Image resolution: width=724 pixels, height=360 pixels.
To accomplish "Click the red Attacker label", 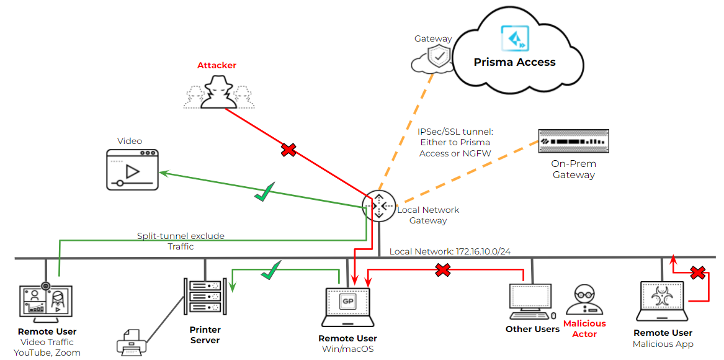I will (x=217, y=65).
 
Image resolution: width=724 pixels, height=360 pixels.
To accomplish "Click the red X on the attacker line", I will (x=288, y=150).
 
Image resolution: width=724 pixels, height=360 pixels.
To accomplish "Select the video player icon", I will (x=132, y=169).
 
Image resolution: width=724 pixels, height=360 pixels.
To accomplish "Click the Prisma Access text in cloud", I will (x=514, y=62).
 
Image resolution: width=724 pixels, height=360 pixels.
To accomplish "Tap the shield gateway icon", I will (x=440, y=56).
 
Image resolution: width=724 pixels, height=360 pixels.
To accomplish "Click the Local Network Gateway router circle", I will (x=379, y=205).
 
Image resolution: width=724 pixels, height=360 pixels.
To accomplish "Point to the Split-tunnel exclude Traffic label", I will (x=181, y=241).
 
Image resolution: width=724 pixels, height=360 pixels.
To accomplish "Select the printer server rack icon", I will (x=204, y=299).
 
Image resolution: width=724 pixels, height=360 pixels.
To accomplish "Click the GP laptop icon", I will (x=347, y=306).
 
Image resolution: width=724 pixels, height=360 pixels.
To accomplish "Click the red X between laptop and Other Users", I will (x=442, y=269).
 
